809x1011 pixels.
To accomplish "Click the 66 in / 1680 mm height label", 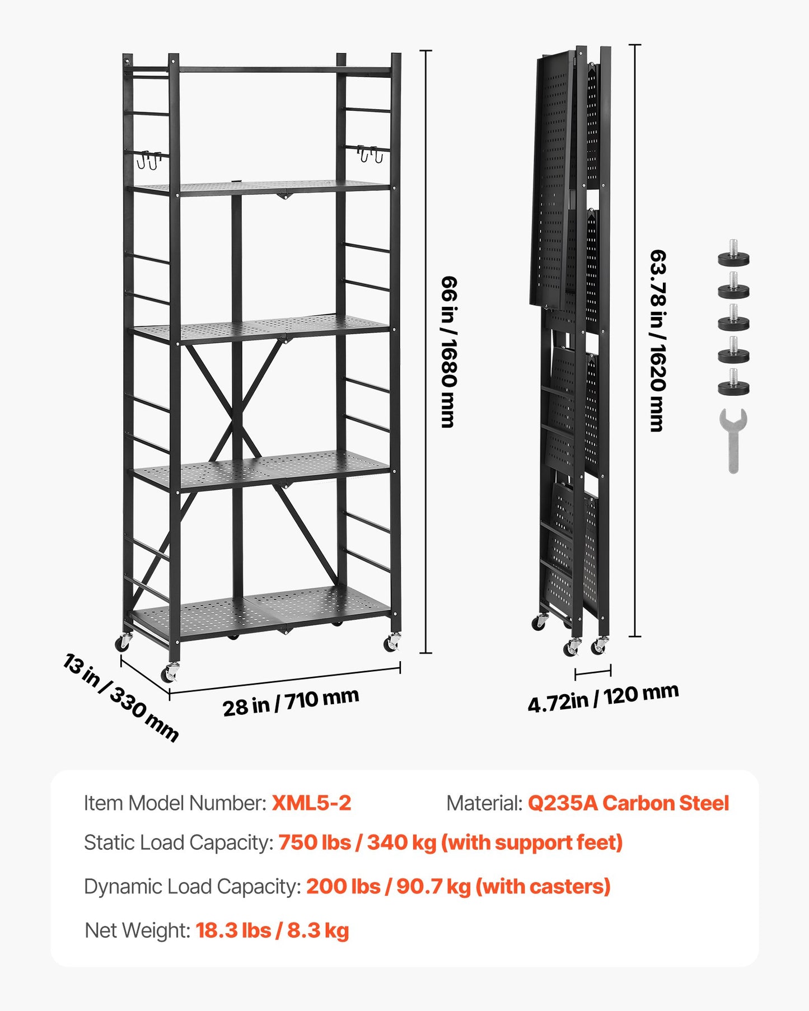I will pyautogui.click(x=449, y=352).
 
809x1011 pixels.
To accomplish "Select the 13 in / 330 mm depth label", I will pyautogui.click(x=121, y=698).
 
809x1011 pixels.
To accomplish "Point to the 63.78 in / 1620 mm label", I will pyautogui.click(x=658, y=340).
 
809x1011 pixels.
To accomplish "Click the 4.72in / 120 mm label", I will pyautogui.click(x=603, y=698).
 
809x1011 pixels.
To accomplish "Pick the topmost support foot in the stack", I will pyautogui.click(x=733, y=255).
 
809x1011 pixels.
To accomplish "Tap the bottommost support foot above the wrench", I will pyautogui.click(x=733, y=384).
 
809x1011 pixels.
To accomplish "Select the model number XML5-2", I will pyautogui.click(x=311, y=803).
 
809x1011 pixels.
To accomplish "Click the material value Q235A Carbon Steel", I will pyautogui.click(x=628, y=803).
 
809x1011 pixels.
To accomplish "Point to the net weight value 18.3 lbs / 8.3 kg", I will pyautogui.click(x=272, y=930).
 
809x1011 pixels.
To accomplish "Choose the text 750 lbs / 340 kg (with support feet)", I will pyautogui.click(x=450, y=843).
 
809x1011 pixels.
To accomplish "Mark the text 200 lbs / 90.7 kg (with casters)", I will pyautogui.click(x=458, y=887).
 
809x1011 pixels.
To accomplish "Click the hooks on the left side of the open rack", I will pyautogui.click(x=148, y=160).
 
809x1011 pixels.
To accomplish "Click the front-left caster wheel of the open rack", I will pyautogui.click(x=170, y=673).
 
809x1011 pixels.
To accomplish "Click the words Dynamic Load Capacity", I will pyautogui.click(x=193, y=887).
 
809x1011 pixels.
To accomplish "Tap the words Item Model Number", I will pyautogui.click(x=175, y=803).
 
